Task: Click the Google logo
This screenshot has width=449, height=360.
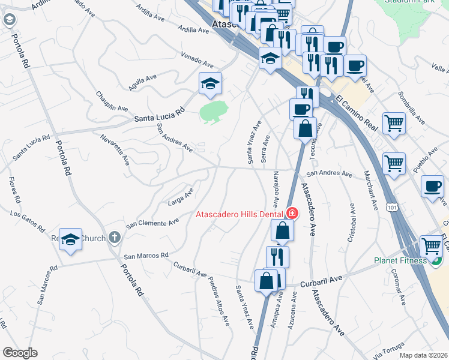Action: tap(20, 353)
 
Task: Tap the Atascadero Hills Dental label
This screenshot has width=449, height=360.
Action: tap(241, 214)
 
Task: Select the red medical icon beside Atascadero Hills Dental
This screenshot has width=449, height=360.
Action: tap(292, 213)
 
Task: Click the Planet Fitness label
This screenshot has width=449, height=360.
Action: tap(400, 260)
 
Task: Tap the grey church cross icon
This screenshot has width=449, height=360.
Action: tap(114, 237)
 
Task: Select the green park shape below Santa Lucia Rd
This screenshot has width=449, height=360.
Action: tap(213, 111)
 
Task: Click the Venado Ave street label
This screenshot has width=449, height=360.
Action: tap(197, 59)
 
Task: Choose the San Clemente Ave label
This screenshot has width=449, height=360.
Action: tap(152, 223)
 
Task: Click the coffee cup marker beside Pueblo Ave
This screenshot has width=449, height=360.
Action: tap(432, 186)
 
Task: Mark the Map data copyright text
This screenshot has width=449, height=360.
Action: tap(423, 355)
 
